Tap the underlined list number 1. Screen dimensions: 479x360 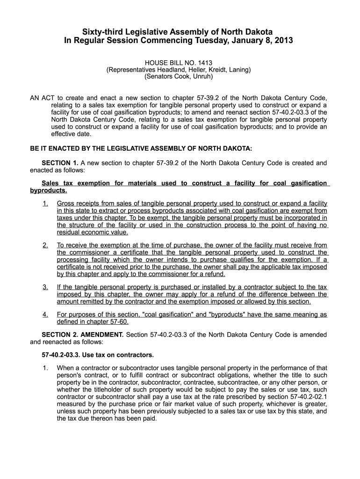[x=45, y=203]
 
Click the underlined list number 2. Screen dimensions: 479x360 [x=45, y=245]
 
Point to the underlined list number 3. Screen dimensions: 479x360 [x=45, y=287]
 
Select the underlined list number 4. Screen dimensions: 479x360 [x=45, y=314]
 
